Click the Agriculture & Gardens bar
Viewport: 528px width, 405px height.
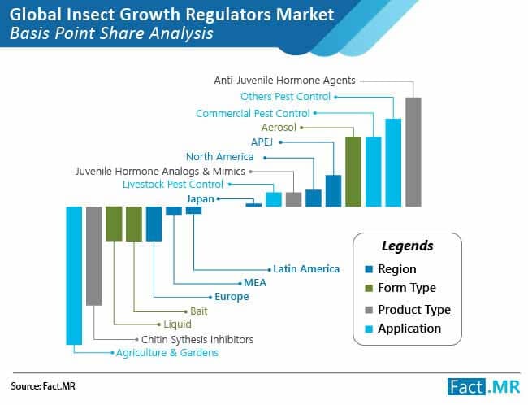pyautogui.click(x=74, y=275)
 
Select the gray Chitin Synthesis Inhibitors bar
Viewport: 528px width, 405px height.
pyautogui.click(x=94, y=255)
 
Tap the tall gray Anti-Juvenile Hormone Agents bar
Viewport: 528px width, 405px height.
pyautogui.click(x=413, y=151)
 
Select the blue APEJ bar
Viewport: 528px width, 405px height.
pyautogui.click(x=333, y=190)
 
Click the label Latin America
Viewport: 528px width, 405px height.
pyautogui.click(x=306, y=268)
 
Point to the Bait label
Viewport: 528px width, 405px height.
pyautogui.click(x=198, y=311)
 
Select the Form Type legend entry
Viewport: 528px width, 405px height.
pyautogui.click(x=406, y=288)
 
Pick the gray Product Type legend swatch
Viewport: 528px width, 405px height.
pyautogui.click(x=370, y=309)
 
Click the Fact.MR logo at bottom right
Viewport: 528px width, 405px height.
pyautogui.click(x=483, y=385)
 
